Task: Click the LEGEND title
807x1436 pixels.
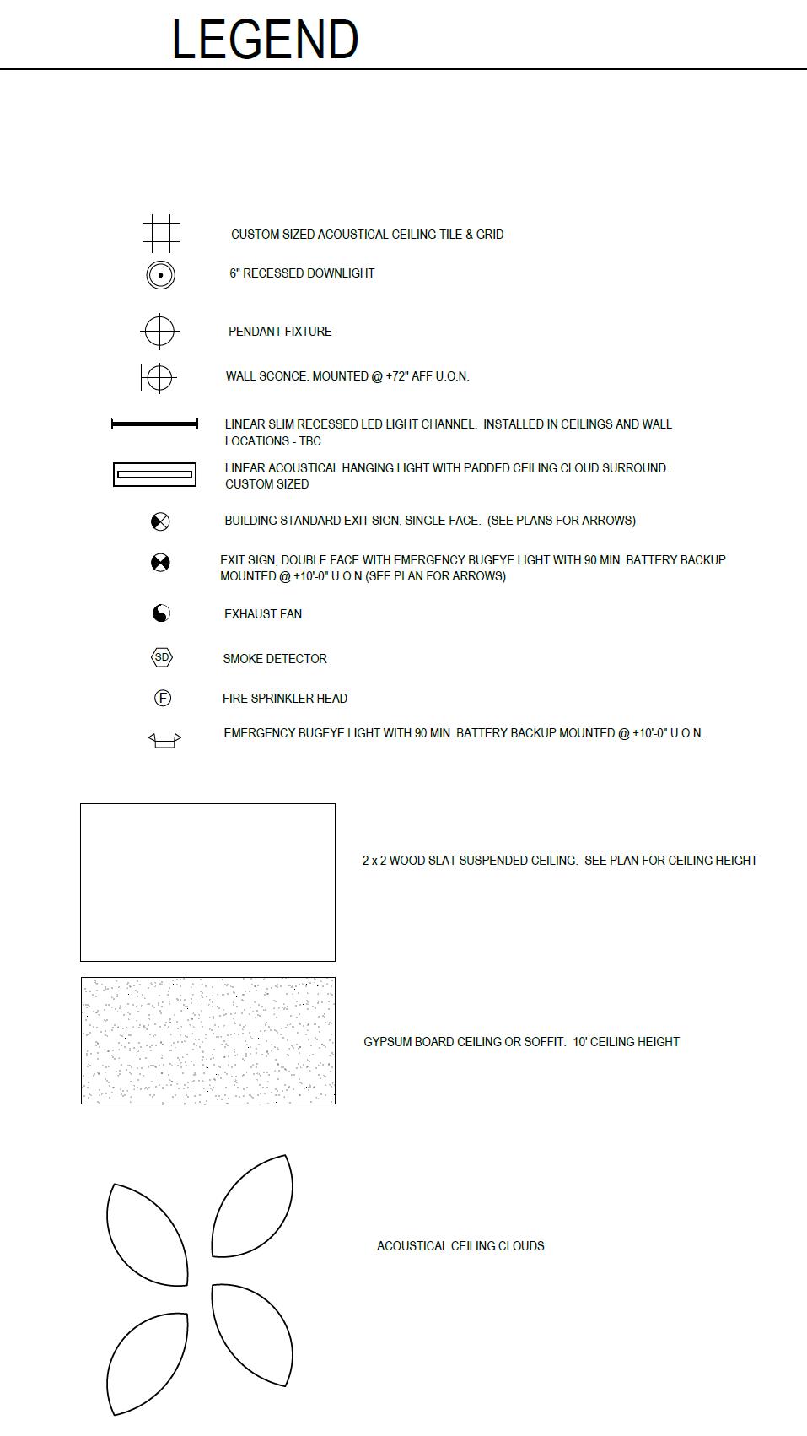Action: [265, 40]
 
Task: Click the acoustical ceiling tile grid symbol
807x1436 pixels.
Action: [160, 234]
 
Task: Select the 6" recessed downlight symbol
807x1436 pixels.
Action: [160, 275]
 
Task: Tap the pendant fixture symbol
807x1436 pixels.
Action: [159, 331]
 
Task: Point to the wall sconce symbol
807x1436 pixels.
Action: [159, 377]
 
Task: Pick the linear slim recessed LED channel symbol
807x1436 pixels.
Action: [154, 424]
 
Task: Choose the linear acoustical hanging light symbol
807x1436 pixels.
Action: [154, 475]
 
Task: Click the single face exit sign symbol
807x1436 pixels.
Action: [160, 521]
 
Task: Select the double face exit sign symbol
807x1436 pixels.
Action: [160, 563]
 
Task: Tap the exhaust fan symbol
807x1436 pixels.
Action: [161, 613]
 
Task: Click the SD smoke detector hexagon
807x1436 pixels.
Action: [161, 657]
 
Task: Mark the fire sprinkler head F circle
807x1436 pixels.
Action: [163, 698]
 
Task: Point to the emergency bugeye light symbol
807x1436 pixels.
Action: [164, 740]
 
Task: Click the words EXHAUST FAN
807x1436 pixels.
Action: [263, 614]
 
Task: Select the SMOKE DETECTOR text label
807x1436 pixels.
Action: [275, 659]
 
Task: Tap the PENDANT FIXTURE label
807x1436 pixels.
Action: [280, 332]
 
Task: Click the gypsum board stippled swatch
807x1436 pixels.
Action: [208, 1040]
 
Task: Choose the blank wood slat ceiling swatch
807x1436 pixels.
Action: [207, 882]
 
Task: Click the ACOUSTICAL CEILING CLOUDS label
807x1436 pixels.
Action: [460, 1246]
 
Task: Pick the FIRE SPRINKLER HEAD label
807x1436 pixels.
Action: [285, 699]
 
